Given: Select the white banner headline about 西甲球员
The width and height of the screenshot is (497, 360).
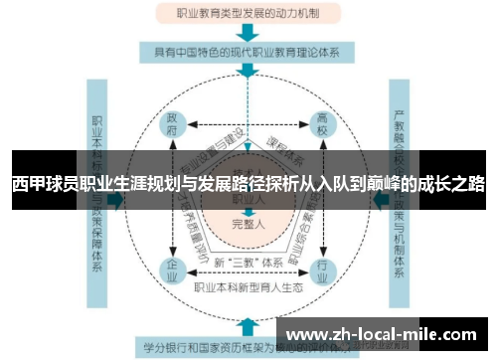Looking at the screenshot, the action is [x=248, y=185].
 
